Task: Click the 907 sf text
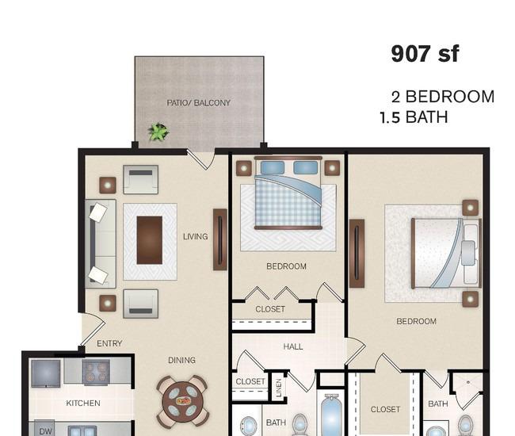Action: tap(425, 54)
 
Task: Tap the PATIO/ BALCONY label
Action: tap(198, 103)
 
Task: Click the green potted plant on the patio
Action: tap(158, 132)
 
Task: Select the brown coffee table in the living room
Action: tap(150, 240)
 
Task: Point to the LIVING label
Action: tap(196, 236)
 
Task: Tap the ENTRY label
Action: tap(109, 344)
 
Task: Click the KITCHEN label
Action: tap(83, 403)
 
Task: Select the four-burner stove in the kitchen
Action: tap(96, 373)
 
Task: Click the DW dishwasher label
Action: tap(45, 431)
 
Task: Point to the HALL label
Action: tap(293, 346)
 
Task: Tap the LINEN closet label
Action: tap(279, 388)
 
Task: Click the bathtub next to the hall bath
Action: tap(331, 415)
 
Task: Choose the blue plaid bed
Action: tap(288, 193)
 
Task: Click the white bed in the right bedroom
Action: tap(447, 253)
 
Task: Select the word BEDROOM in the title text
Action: tap(450, 97)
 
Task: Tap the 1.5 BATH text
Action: tap(414, 117)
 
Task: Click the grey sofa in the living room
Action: tap(101, 243)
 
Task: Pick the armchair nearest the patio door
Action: tap(140, 179)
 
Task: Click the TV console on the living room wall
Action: tap(220, 239)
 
